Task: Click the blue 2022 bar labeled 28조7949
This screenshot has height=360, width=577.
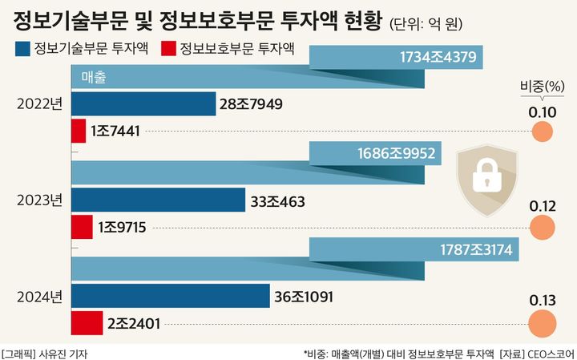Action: [x=143, y=104]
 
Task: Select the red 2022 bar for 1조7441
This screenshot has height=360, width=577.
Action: [x=79, y=131]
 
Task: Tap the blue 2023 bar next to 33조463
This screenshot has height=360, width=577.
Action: [x=159, y=200]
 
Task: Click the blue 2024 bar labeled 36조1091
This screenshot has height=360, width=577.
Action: [x=171, y=297]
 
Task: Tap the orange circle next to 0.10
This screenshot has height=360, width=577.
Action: [x=543, y=131]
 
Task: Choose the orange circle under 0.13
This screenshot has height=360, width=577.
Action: [x=543, y=323]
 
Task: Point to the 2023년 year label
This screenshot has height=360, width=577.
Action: [x=39, y=200]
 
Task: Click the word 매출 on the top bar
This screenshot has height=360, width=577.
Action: [x=95, y=77]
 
